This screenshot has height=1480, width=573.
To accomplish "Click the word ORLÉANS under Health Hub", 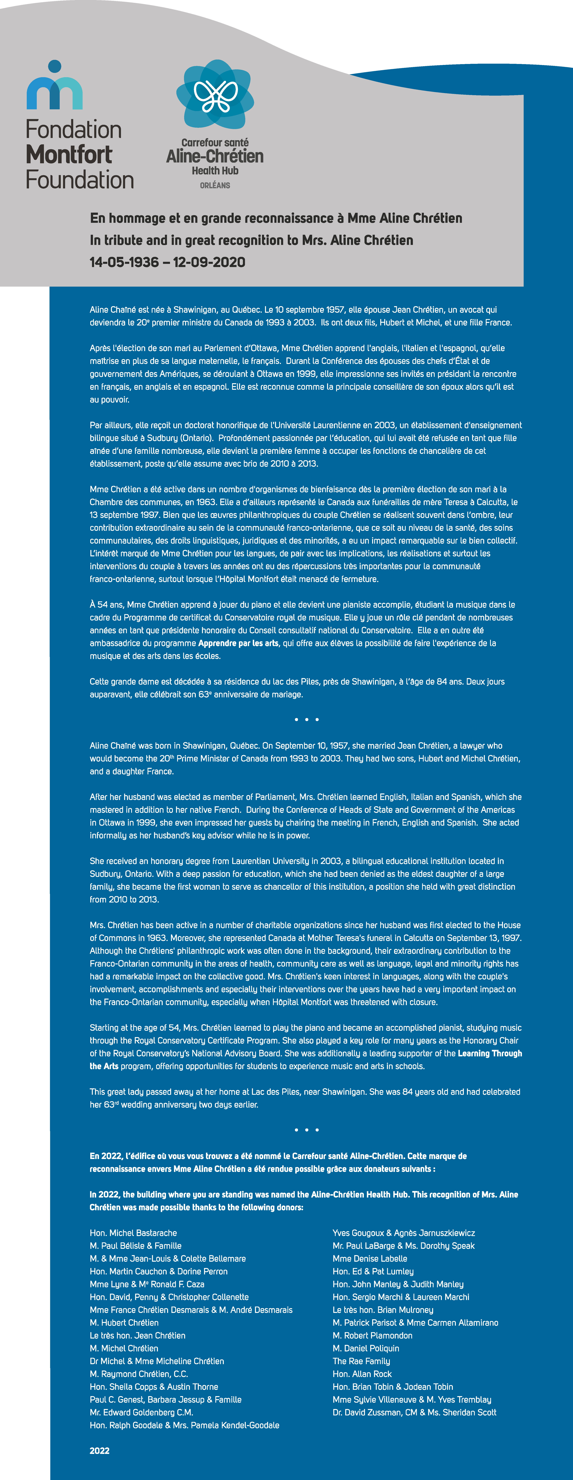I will click(x=215, y=186).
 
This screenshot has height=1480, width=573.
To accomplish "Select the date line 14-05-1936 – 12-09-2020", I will click(x=167, y=263).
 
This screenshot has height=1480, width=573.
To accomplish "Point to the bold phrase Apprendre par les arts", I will click(x=238, y=643).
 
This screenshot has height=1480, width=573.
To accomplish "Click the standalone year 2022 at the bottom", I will click(x=99, y=1451).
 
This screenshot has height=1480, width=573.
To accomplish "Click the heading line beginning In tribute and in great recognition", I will click(x=251, y=240).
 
